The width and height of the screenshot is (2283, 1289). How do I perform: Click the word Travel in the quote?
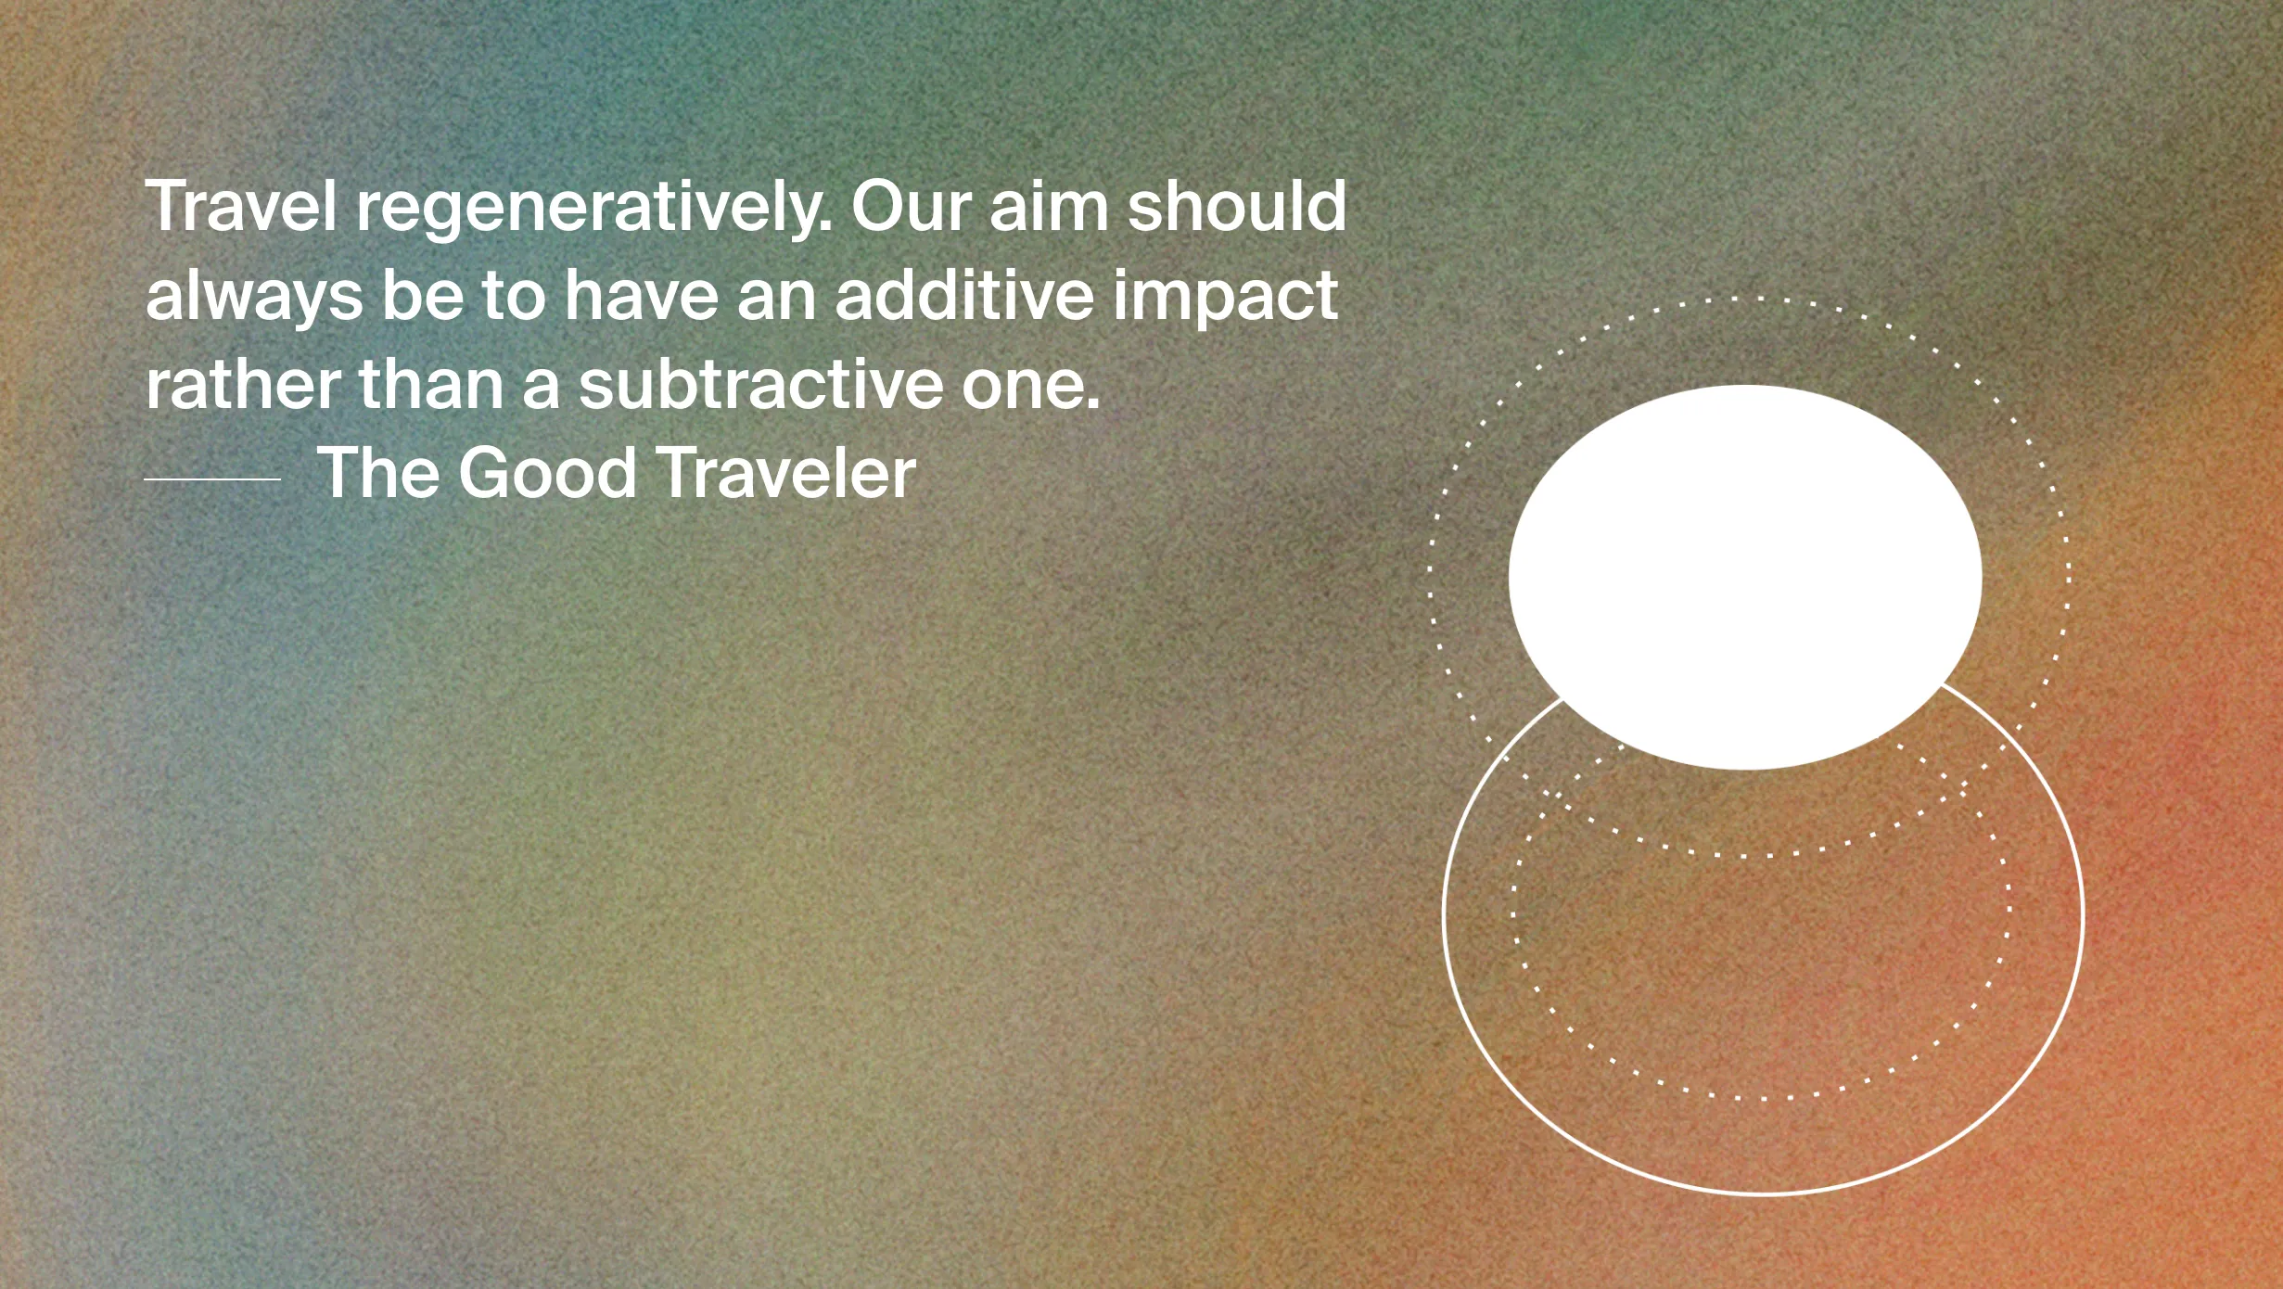click(x=241, y=206)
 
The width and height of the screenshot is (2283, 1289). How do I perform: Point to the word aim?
click(x=1049, y=206)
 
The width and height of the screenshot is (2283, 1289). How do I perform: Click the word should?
click(x=1237, y=206)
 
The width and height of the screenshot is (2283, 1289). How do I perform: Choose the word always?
click(x=254, y=297)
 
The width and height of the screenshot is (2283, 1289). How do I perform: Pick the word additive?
click(x=964, y=294)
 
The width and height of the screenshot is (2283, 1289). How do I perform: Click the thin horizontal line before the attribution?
click(x=212, y=479)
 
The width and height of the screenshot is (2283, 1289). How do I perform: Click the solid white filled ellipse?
click(x=1745, y=577)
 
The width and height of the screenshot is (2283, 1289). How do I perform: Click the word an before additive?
click(x=777, y=301)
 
